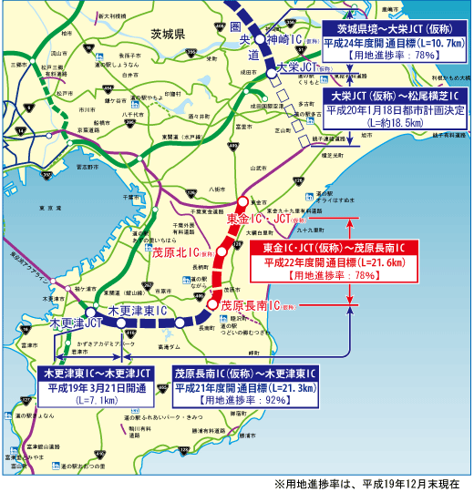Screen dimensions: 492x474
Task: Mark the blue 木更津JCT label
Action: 75,323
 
